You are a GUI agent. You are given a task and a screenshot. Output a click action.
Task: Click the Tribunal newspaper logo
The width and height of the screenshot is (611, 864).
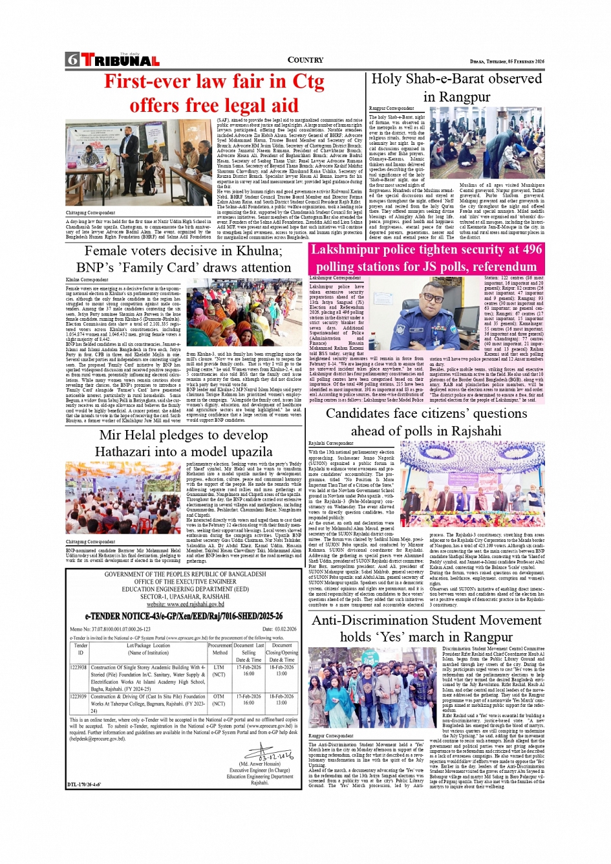120,61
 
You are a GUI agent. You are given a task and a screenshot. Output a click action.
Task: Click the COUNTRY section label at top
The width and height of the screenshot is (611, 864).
305,60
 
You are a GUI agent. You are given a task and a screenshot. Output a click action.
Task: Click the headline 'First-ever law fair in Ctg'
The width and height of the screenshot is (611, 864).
214,81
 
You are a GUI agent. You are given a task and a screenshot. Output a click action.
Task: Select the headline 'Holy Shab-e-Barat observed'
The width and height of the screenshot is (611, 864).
456,79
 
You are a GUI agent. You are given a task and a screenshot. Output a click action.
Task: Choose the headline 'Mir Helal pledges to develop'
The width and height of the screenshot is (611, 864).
184,435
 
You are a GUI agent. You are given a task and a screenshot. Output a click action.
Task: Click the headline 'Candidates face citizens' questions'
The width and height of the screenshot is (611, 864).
426,414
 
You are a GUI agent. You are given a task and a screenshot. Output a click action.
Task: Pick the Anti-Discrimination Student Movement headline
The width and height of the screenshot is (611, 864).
427,620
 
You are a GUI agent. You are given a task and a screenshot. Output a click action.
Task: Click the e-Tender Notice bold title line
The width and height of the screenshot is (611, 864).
184,616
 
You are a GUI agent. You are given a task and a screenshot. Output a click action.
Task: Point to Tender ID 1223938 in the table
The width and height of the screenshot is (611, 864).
78,667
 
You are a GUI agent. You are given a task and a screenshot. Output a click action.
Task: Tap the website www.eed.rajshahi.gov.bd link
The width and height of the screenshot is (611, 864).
184,604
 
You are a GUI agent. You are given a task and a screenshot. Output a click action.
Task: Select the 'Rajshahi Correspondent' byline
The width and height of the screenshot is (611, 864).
331,444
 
